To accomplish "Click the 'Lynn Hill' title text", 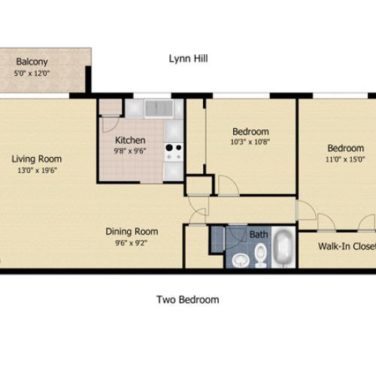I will (x=188, y=59).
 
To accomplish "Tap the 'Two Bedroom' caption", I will (x=188, y=299).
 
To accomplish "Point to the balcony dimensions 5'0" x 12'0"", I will (x=32, y=74).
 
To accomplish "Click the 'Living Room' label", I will (x=36, y=159).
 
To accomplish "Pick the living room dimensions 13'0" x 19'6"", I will (x=36, y=171).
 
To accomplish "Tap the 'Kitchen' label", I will (x=129, y=140).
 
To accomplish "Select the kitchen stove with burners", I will (x=173, y=151).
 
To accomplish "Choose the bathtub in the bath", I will (x=283, y=249).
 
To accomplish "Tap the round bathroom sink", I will (x=240, y=260).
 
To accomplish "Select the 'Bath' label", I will (x=259, y=235).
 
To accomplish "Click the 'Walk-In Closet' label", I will (x=347, y=246).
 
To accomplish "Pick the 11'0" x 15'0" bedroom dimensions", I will (x=344, y=159).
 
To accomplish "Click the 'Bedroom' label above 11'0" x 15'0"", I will (x=344, y=147).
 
